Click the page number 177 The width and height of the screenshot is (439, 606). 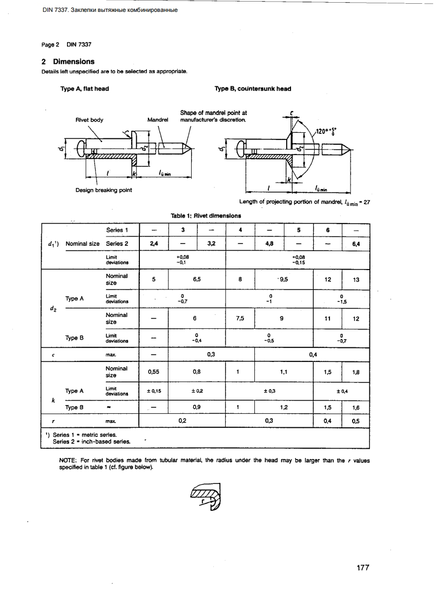click(362, 568)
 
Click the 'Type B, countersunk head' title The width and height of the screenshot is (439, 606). click(253, 89)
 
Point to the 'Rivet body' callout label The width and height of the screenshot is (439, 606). click(90, 120)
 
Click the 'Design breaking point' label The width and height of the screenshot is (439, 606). click(104, 190)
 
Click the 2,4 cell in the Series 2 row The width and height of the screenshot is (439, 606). click(154, 244)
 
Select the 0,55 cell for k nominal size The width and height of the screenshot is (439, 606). click(154, 372)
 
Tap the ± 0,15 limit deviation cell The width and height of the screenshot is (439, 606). click(154, 390)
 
